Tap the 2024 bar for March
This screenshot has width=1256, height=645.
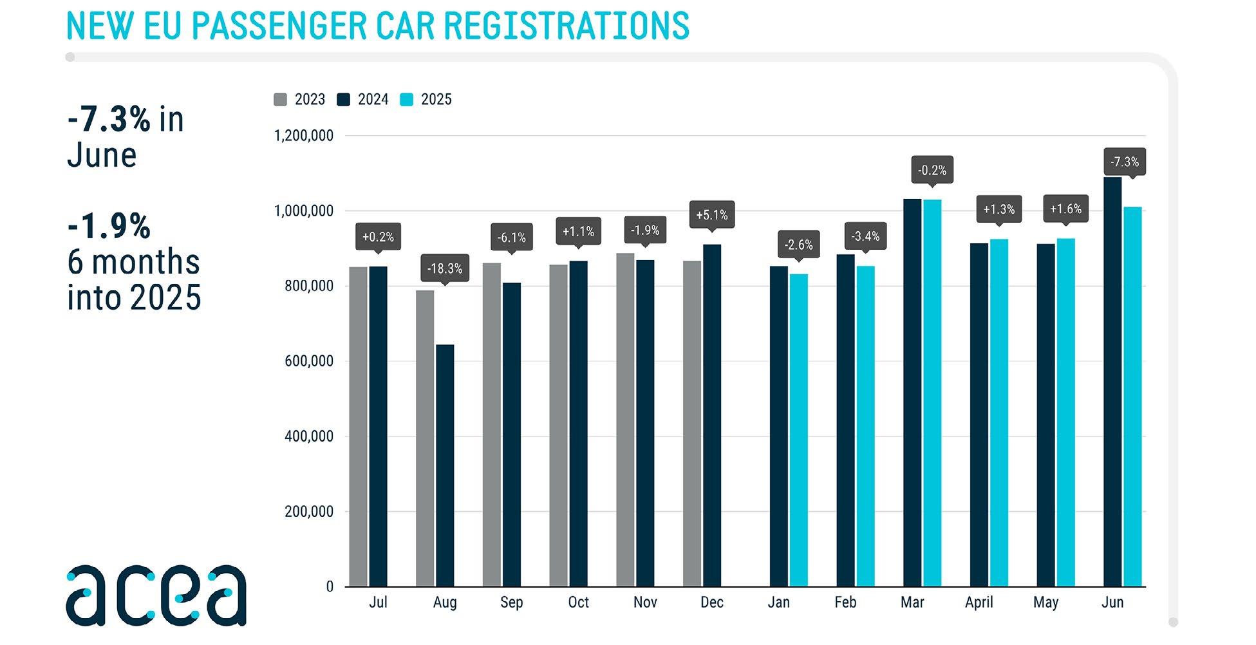click(x=912, y=393)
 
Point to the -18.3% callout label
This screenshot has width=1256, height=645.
click(x=445, y=268)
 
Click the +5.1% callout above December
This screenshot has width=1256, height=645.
click(x=712, y=215)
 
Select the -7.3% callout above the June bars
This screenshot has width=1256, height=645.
click(x=1125, y=162)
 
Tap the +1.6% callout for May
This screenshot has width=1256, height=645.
click(x=1065, y=209)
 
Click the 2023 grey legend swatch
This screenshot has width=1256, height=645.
click(x=280, y=100)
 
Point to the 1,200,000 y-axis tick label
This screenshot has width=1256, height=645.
click(x=304, y=136)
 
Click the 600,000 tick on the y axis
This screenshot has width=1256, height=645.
click(x=309, y=361)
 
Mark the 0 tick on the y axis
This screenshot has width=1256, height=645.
click(x=330, y=586)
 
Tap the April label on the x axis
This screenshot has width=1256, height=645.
click(x=979, y=603)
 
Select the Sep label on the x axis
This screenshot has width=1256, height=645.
click(x=511, y=603)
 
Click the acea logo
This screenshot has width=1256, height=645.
click(x=156, y=595)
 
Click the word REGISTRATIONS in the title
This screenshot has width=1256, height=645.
click(x=567, y=26)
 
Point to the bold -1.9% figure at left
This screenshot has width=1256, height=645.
click(x=109, y=226)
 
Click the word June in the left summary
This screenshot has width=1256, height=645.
click(x=102, y=155)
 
